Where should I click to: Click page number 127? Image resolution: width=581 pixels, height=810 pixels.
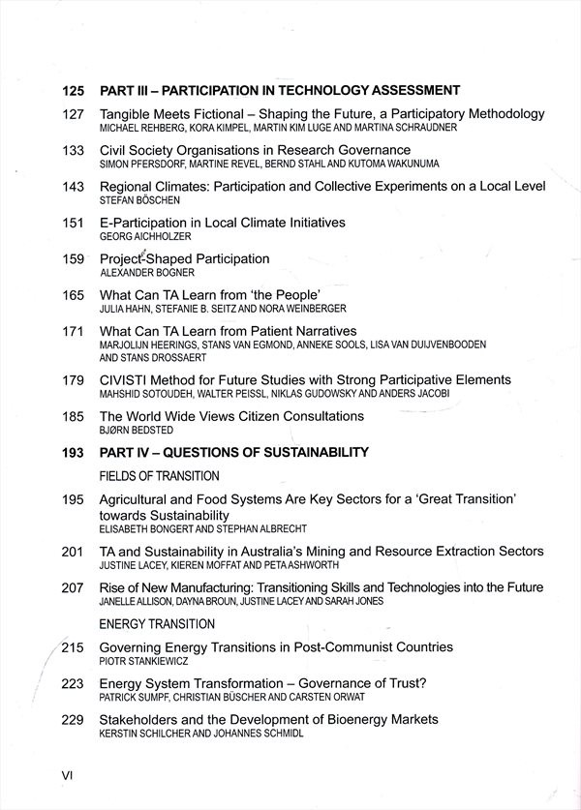[73, 114]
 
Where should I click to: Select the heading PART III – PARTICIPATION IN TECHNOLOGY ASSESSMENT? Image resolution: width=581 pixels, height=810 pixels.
[280, 91]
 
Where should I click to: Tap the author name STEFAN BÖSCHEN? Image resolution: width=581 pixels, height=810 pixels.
[139, 200]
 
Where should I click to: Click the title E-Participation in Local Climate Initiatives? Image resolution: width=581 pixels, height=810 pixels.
[222, 223]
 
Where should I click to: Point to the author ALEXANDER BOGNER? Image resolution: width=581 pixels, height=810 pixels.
[147, 273]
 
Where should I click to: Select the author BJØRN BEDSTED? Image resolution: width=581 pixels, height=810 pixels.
[138, 431]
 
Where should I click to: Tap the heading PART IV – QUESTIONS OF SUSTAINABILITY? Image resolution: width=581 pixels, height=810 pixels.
[234, 452]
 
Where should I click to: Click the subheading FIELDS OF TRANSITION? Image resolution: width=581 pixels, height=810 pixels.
[160, 476]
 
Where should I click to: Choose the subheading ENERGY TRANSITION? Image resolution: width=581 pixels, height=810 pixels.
[157, 624]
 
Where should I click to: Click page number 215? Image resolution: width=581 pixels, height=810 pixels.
[74, 647]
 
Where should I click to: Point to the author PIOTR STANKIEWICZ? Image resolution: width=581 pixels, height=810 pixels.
[141, 661]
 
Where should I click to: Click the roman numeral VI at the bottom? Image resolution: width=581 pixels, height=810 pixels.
[67, 775]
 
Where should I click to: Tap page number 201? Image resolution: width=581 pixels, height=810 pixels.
[73, 552]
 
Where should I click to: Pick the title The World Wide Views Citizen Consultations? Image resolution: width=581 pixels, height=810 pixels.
[231, 416]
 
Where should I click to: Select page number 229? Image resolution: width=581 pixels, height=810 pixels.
[73, 720]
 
